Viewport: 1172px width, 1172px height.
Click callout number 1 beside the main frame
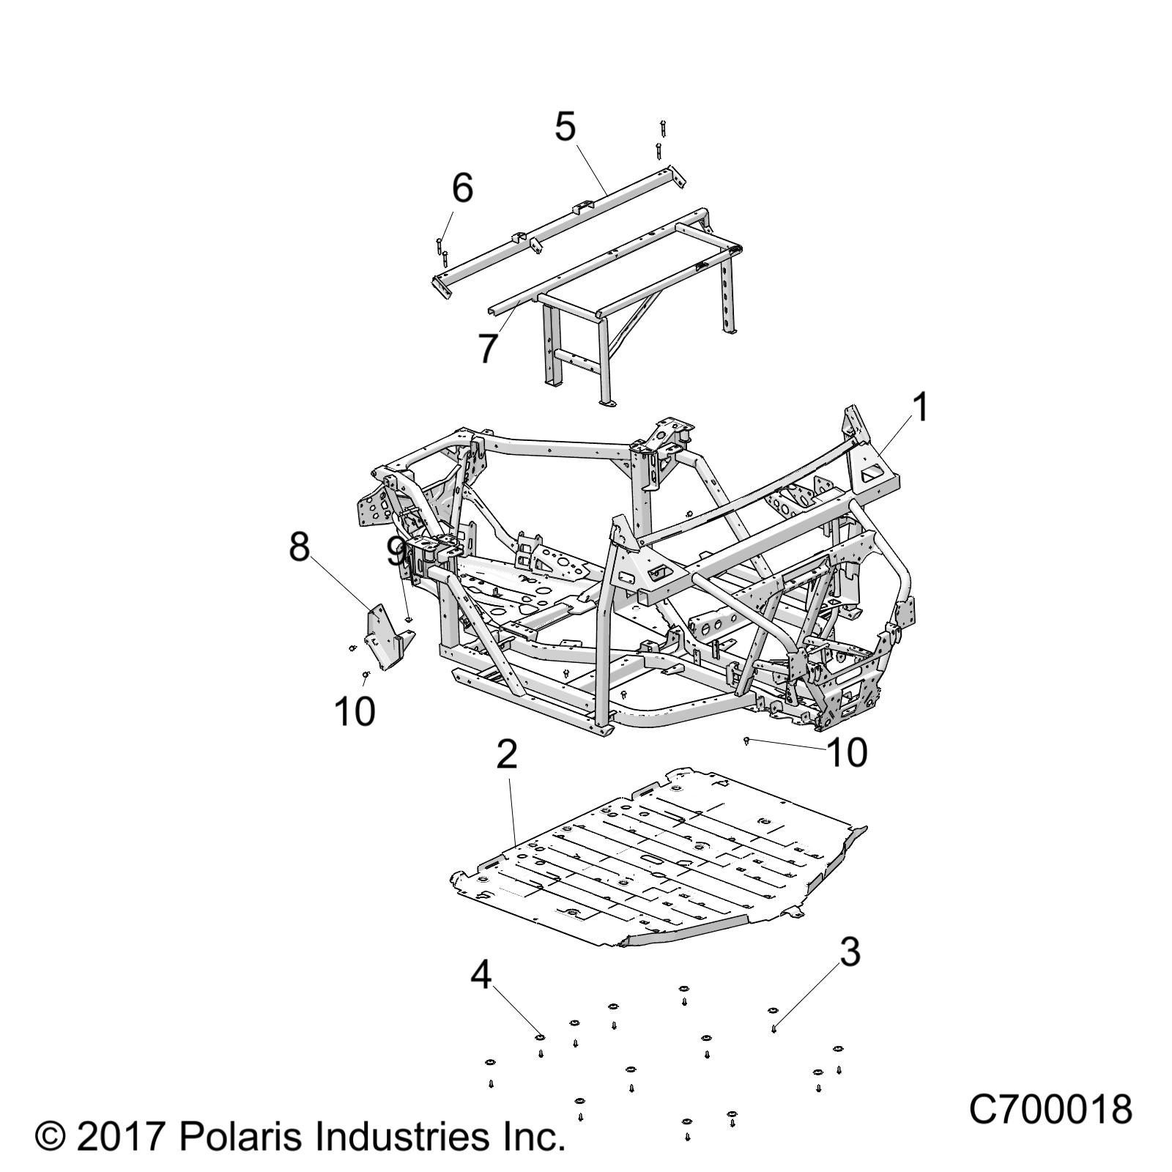click(921, 407)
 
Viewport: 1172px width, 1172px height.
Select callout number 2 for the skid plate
click(507, 754)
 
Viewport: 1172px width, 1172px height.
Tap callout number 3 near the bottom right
click(850, 952)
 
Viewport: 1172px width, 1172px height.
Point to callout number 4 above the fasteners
click(481, 975)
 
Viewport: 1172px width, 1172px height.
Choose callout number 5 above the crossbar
click(565, 127)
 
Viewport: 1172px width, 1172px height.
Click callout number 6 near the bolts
click(462, 188)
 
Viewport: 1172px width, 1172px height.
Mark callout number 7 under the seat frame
click(489, 349)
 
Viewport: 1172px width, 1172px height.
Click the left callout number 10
click(355, 711)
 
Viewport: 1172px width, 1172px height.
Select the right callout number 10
click(846, 752)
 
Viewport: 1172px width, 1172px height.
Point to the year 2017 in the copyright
click(119, 1138)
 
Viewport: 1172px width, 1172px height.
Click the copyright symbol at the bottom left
click(50, 1138)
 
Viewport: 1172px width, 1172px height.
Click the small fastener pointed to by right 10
click(746, 742)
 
